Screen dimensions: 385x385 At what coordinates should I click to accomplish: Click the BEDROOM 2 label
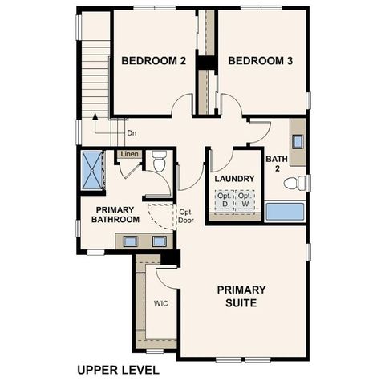point(153,61)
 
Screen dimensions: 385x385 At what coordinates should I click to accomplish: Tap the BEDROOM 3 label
point(261,61)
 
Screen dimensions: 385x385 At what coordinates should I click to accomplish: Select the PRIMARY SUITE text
point(242,296)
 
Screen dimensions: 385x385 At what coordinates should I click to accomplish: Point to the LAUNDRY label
point(234,178)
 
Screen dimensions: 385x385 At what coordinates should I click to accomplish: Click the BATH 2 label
point(277,163)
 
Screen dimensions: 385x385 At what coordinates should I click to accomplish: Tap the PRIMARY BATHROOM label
point(115,214)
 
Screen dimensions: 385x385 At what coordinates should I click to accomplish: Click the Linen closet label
point(129,154)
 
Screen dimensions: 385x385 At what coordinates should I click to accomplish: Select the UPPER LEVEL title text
point(118,370)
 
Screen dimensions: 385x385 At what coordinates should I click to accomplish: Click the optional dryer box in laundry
point(224,200)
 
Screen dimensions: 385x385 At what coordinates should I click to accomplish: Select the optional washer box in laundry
point(245,200)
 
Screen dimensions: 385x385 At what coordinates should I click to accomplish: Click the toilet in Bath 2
point(295,184)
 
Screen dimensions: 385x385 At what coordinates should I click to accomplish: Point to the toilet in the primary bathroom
point(158,164)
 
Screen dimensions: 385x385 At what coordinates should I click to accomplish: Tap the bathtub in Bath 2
point(285,212)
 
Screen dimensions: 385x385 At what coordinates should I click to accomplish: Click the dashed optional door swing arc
point(163,215)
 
